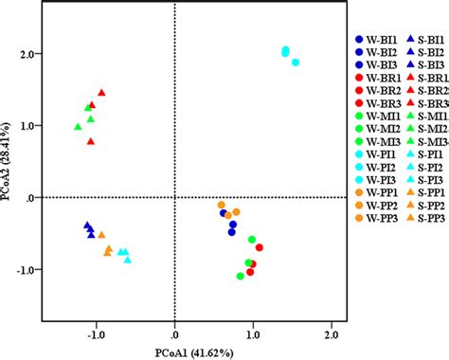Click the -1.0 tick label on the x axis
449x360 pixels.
point(97,333)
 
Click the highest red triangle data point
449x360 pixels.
point(101,93)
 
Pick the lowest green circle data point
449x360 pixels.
point(241,277)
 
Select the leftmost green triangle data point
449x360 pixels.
point(78,127)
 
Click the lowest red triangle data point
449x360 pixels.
point(91,141)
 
